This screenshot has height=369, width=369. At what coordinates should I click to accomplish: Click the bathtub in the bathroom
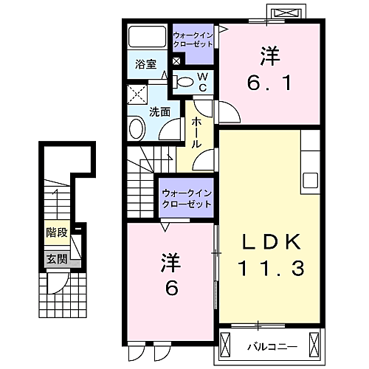tap(147, 36)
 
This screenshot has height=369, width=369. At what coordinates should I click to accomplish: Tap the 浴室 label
tap(145, 64)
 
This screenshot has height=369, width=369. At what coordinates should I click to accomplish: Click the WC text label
tap(203, 82)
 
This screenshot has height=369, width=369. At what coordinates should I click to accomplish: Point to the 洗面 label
tap(160, 112)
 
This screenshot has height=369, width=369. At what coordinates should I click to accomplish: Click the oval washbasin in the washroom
tap(137, 129)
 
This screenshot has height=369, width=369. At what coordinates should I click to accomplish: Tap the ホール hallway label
tap(196, 132)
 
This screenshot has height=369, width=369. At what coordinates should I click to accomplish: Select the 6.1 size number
tap(269, 83)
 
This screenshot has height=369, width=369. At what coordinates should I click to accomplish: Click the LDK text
tap(272, 241)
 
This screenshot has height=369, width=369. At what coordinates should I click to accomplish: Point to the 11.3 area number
tap(271, 268)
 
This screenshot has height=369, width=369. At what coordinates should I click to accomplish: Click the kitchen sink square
tap(310, 180)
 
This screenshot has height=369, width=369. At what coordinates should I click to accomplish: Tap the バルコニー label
tap(272, 347)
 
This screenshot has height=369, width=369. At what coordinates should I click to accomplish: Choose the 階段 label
tap(57, 232)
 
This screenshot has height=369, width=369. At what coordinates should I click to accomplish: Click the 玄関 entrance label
tap(57, 259)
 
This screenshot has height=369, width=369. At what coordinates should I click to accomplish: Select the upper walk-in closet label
tap(193, 40)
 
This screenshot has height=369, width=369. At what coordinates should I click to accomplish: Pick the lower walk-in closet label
tap(187, 199)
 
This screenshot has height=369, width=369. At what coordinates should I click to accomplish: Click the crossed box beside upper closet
tap(176, 61)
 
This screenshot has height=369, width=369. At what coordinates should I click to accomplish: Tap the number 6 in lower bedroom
tap(171, 288)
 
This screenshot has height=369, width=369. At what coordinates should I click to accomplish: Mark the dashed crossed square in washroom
tap(137, 94)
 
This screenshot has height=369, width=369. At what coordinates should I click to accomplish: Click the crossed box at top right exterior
tap(286, 13)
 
